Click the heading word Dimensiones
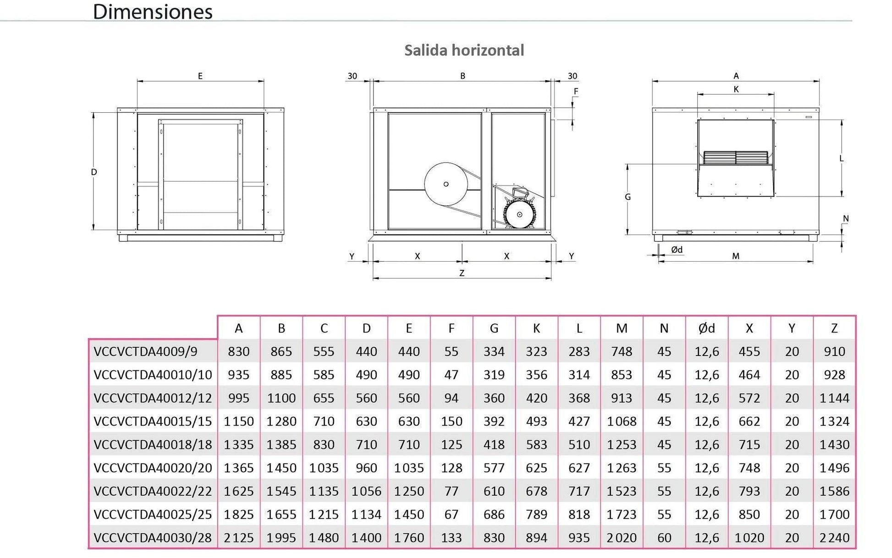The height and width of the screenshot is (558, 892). [153, 12]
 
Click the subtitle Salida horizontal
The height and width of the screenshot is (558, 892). [464, 50]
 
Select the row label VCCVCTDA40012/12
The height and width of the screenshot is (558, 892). [153, 398]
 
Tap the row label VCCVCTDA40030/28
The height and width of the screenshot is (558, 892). [153, 537]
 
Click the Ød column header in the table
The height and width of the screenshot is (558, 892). [706, 328]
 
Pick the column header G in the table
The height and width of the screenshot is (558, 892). [494, 328]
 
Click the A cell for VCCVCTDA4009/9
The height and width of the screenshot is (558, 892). [238, 351]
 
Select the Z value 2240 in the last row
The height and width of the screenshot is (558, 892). [834, 537]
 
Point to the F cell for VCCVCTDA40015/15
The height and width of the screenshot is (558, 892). [451, 421]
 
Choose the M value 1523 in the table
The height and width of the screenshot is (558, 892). [622, 491]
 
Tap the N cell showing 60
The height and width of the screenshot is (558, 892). [664, 537]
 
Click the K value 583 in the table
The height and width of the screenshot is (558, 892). [536, 444]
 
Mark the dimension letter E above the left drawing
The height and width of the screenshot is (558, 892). [200, 76]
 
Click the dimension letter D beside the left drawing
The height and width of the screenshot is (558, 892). [94, 172]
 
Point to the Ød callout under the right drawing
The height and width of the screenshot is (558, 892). [677, 250]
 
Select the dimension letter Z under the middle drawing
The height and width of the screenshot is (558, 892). [462, 273]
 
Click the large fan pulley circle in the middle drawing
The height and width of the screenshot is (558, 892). [446, 184]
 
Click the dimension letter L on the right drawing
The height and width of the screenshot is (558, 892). [842, 159]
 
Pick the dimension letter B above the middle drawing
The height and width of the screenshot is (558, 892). [463, 76]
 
